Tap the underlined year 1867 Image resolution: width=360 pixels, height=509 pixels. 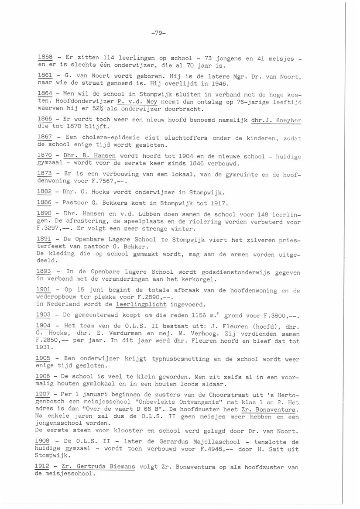point(45,138)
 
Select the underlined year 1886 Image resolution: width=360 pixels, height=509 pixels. point(45,203)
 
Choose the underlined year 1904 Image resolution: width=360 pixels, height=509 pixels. point(45,326)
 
